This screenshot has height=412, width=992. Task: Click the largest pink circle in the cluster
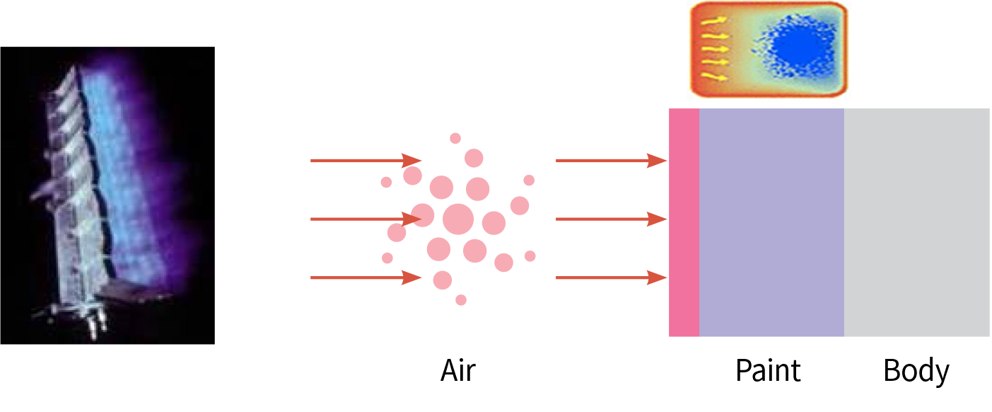[x=457, y=219]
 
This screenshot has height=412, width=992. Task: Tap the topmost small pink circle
[x=455, y=138]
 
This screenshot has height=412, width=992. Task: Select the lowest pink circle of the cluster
[x=461, y=300]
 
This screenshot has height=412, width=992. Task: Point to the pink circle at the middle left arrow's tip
[x=423, y=215]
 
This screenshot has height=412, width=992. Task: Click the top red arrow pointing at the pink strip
[x=612, y=161]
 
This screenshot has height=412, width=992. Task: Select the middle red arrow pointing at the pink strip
[x=612, y=219]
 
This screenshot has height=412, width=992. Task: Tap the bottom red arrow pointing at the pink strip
[x=612, y=278]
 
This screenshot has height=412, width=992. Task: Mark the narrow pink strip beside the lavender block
[x=684, y=222]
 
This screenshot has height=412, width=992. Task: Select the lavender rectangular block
[x=771, y=222]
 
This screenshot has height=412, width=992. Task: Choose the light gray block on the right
[x=917, y=222]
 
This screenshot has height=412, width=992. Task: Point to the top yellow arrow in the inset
[x=714, y=21]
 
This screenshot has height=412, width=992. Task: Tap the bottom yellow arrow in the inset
[x=714, y=76]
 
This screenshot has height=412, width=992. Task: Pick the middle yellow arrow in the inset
[x=714, y=49]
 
